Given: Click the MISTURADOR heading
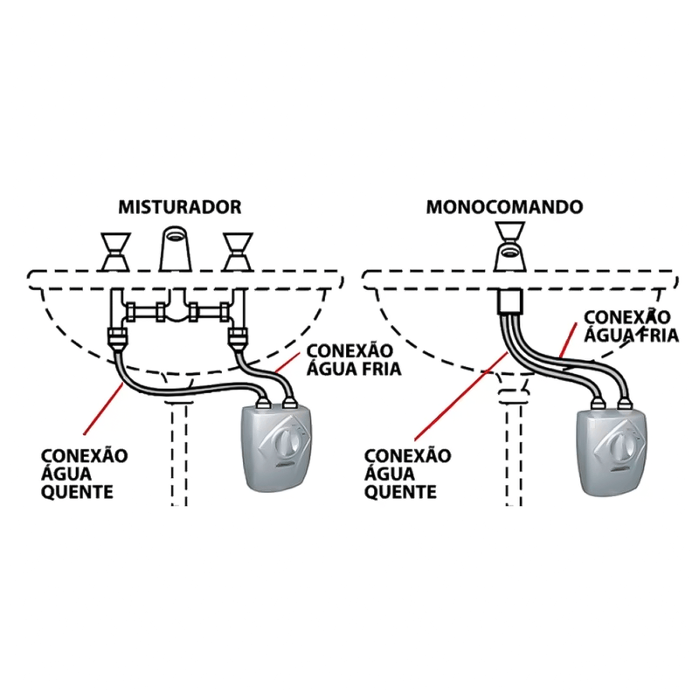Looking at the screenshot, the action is click(x=180, y=207).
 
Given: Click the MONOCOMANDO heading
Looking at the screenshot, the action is click(x=504, y=207).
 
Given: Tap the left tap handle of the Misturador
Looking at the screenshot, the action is click(x=115, y=252).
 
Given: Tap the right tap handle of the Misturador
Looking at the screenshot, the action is click(x=238, y=252).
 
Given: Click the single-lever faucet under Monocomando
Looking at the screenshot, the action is click(x=510, y=246).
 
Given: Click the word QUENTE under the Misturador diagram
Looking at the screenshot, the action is click(x=77, y=492).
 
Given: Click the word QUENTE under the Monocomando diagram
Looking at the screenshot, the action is click(x=400, y=492).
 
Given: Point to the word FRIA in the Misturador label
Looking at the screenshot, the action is click(x=379, y=369).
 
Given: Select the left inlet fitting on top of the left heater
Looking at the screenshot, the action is click(x=264, y=404).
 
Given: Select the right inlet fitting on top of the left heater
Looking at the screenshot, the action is click(x=290, y=404).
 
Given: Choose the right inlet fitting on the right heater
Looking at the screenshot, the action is click(x=625, y=404).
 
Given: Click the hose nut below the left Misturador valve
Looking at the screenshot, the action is click(x=117, y=338).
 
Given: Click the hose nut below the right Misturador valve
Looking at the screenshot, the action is click(x=238, y=338).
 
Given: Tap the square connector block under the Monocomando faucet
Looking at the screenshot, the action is click(x=510, y=301).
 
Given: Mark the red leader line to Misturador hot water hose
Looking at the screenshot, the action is click(x=103, y=407).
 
